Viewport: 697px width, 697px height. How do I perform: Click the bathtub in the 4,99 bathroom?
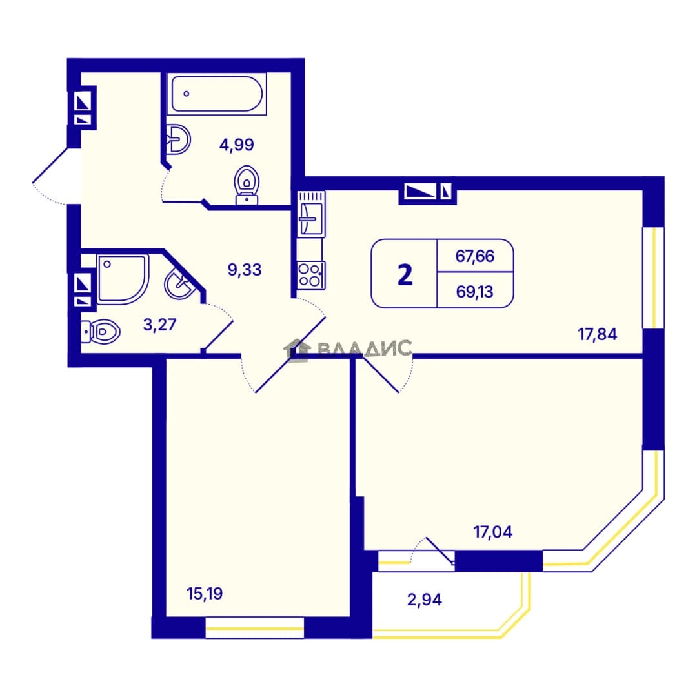pyautogui.click(x=217, y=94)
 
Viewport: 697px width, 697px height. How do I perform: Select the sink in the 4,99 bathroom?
pyautogui.click(x=179, y=139)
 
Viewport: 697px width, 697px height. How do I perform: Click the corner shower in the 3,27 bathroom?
pyautogui.click(x=122, y=279)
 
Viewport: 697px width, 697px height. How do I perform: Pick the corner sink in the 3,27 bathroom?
pyautogui.click(x=181, y=283)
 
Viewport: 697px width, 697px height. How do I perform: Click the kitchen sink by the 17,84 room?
pyautogui.click(x=310, y=214)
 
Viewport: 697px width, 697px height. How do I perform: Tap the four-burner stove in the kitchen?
pyautogui.click(x=311, y=275)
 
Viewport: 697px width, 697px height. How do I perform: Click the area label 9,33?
pyautogui.click(x=245, y=269)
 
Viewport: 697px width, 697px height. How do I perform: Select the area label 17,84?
pyautogui.click(x=598, y=334)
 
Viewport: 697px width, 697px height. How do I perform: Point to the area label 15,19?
pyautogui.click(x=205, y=594)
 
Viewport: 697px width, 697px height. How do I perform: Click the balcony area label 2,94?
pyautogui.click(x=425, y=600)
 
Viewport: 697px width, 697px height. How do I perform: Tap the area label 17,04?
pyautogui.click(x=493, y=532)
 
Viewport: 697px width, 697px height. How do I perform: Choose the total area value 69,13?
pyautogui.click(x=475, y=292)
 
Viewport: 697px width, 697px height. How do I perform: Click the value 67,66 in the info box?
pyautogui.click(x=475, y=256)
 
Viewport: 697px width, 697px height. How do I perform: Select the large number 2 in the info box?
pyautogui.click(x=405, y=275)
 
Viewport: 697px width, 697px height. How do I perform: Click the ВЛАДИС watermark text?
pyautogui.click(x=365, y=348)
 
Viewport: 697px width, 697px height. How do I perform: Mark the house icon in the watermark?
pyautogui.click(x=298, y=350)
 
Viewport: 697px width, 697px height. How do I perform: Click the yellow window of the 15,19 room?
pyautogui.click(x=255, y=629)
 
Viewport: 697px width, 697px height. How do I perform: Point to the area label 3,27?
pyautogui.click(x=159, y=325)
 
